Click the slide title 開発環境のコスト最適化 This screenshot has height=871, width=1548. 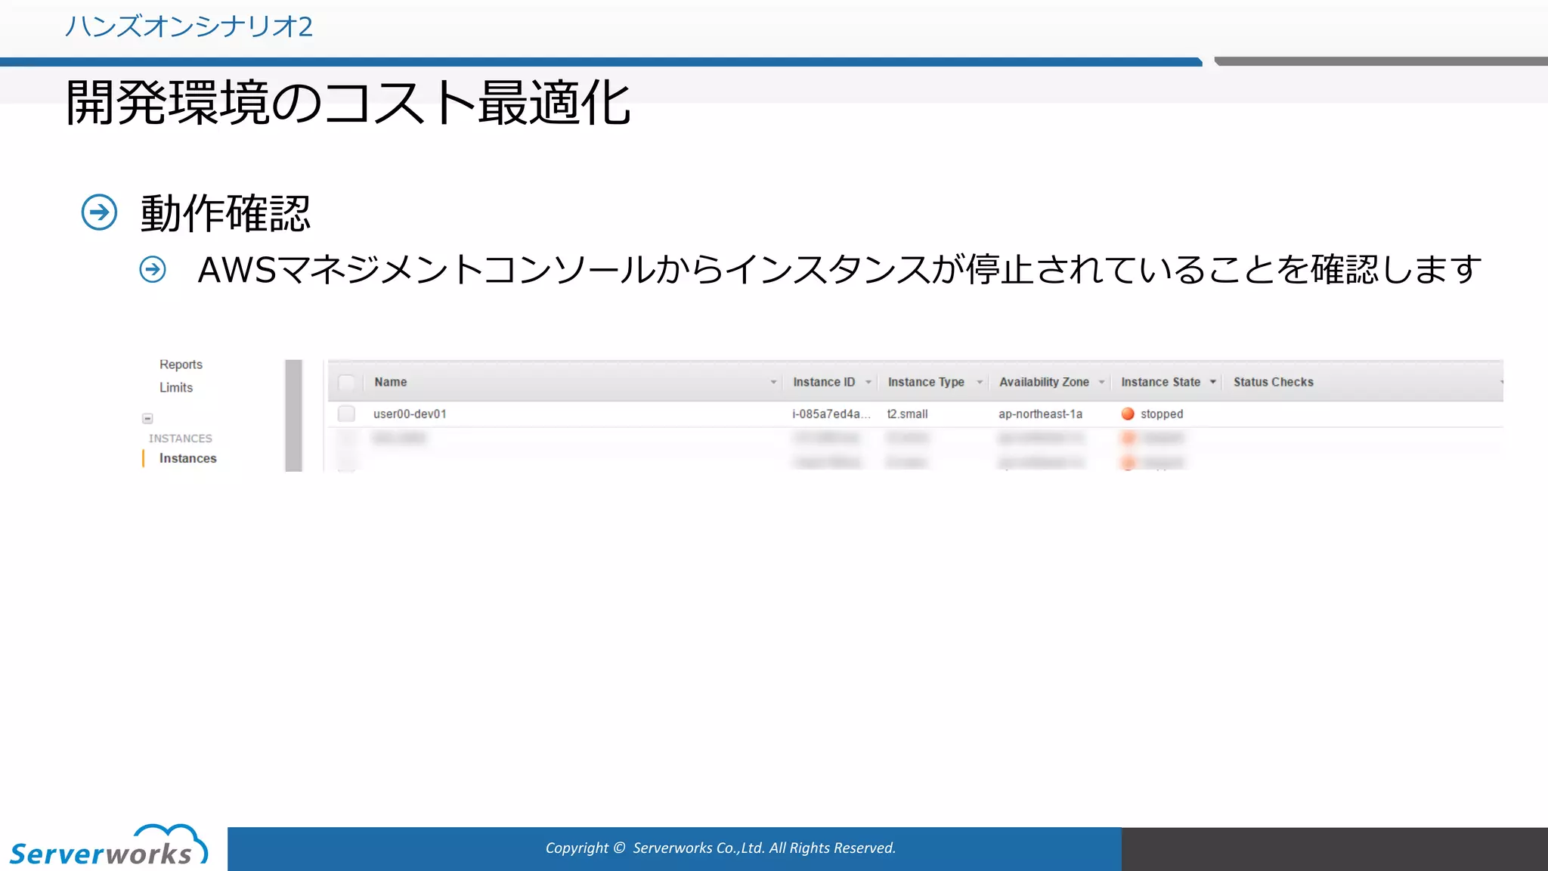coord(348,104)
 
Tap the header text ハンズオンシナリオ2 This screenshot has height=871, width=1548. coord(188,26)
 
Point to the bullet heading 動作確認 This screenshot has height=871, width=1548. coord(225,213)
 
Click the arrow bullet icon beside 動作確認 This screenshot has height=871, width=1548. coord(99,212)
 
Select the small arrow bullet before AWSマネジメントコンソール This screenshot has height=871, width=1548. coord(153,269)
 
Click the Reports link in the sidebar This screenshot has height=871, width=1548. coord(181,364)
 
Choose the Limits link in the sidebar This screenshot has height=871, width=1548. coord(176,388)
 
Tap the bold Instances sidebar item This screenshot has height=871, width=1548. coord(187,458)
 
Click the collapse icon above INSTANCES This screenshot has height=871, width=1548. coord(147,418)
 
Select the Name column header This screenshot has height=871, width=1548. coord(391,383)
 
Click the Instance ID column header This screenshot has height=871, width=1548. coord(824,383)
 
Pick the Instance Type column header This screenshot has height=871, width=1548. coord(926,383)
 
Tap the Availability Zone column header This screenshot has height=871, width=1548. coord(1044,383)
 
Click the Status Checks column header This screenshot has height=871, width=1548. coord(1273,383)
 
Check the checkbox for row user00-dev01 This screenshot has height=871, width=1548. coord(346,414)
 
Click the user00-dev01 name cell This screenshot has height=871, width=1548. coord(410,414)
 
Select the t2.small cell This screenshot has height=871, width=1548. coord(907,414)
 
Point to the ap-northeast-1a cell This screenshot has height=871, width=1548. coord(1040,414)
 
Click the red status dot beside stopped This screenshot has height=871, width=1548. coord(1128,414)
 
